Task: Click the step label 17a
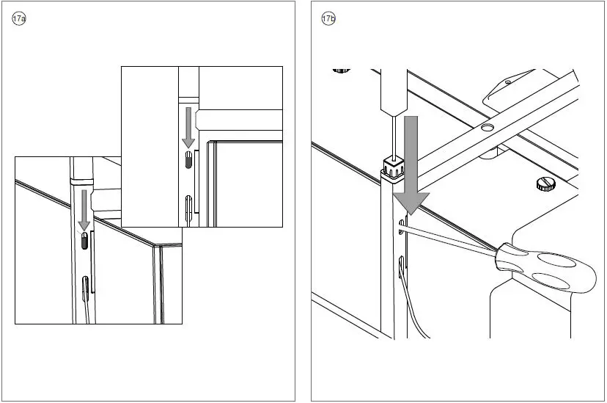19,19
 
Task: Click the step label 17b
328,19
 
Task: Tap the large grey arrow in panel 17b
411,169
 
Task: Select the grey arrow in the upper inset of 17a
188,127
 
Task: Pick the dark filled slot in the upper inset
188,161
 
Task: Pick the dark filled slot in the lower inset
84,242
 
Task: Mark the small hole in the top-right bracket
507,83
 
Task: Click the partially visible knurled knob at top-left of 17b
341,70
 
